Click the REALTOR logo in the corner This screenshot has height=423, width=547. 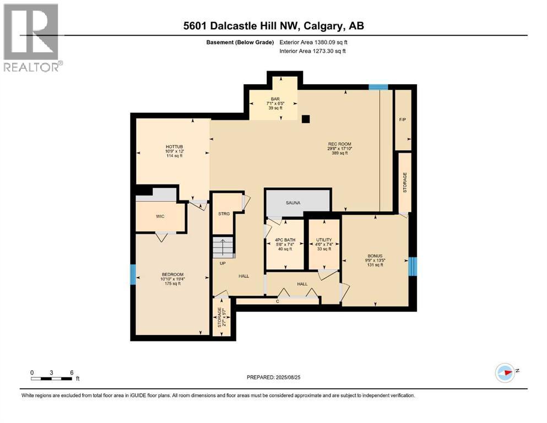(32, 37)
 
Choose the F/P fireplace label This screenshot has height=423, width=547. (403, 120)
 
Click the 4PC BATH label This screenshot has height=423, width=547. (285, 240)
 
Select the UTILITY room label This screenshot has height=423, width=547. (324, 240)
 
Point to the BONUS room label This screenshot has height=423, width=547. (375, 255)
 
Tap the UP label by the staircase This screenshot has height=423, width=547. (223, 263)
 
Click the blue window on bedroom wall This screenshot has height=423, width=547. (133, 274)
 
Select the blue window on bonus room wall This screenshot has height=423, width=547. (413, 266)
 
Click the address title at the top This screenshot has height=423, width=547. (274, 26)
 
